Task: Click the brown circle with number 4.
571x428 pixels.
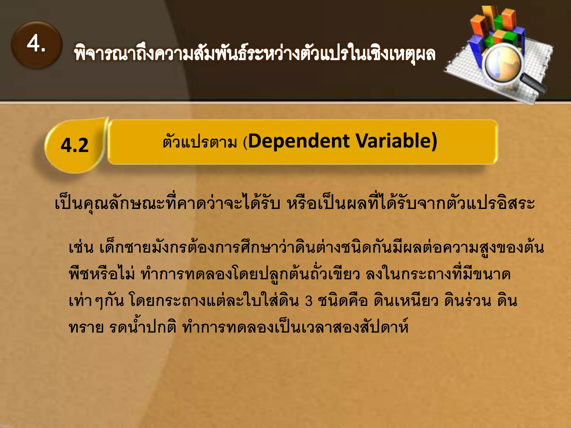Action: (37, 45)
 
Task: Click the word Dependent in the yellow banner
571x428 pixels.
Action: (299, 141)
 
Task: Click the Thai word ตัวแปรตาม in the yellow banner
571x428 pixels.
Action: (200, 142)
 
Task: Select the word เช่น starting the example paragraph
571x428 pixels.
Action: (81, 247)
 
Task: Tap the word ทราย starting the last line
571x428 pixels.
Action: (86, 327)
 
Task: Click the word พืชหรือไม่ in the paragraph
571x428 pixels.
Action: (102, 274)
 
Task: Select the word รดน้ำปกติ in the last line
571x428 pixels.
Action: (143, 327)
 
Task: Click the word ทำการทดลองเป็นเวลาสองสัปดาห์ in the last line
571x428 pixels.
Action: (296, 327)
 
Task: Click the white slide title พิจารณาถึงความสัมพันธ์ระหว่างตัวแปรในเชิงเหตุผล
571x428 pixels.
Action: (254, 54)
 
